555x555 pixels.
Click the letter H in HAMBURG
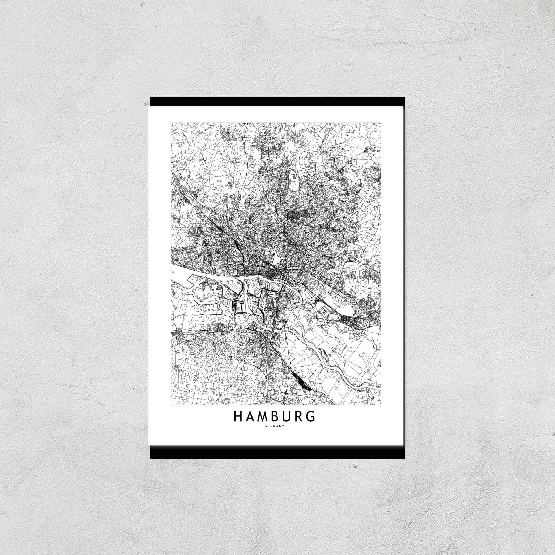(238, 416)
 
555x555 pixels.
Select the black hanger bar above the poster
(277, 101)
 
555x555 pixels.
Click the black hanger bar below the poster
(277, 452)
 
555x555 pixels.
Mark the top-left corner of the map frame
(171, 123)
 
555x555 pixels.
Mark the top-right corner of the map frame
(381, 123)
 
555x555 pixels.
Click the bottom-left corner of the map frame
(171, 405)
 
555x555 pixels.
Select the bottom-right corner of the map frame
(381, 405)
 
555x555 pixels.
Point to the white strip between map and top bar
(277, 114)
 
